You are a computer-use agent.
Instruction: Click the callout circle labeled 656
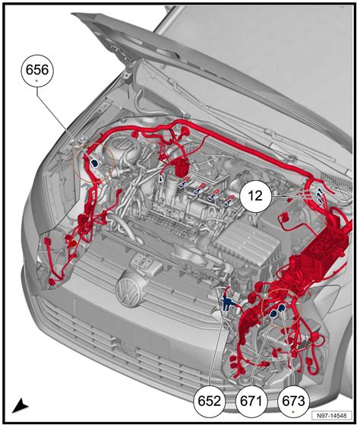point(37,71)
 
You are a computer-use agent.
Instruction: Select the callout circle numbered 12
point(255,196)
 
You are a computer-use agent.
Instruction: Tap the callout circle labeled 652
point(210,401)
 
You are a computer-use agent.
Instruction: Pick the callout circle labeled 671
point(251,401)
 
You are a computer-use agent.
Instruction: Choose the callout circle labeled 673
point(293,401)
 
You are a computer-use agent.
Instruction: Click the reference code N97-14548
point(331,416)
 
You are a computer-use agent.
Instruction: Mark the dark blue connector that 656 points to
point(95,163)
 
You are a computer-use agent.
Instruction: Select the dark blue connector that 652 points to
point(226,303)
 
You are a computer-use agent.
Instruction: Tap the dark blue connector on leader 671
point(273,314)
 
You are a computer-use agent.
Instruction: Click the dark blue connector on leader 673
point(281,308)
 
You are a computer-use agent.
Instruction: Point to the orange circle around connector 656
point(74,162)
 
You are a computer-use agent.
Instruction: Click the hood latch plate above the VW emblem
point(143,262)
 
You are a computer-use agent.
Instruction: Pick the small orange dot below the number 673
point(293,411)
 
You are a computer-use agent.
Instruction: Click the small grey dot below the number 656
point(37,81)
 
